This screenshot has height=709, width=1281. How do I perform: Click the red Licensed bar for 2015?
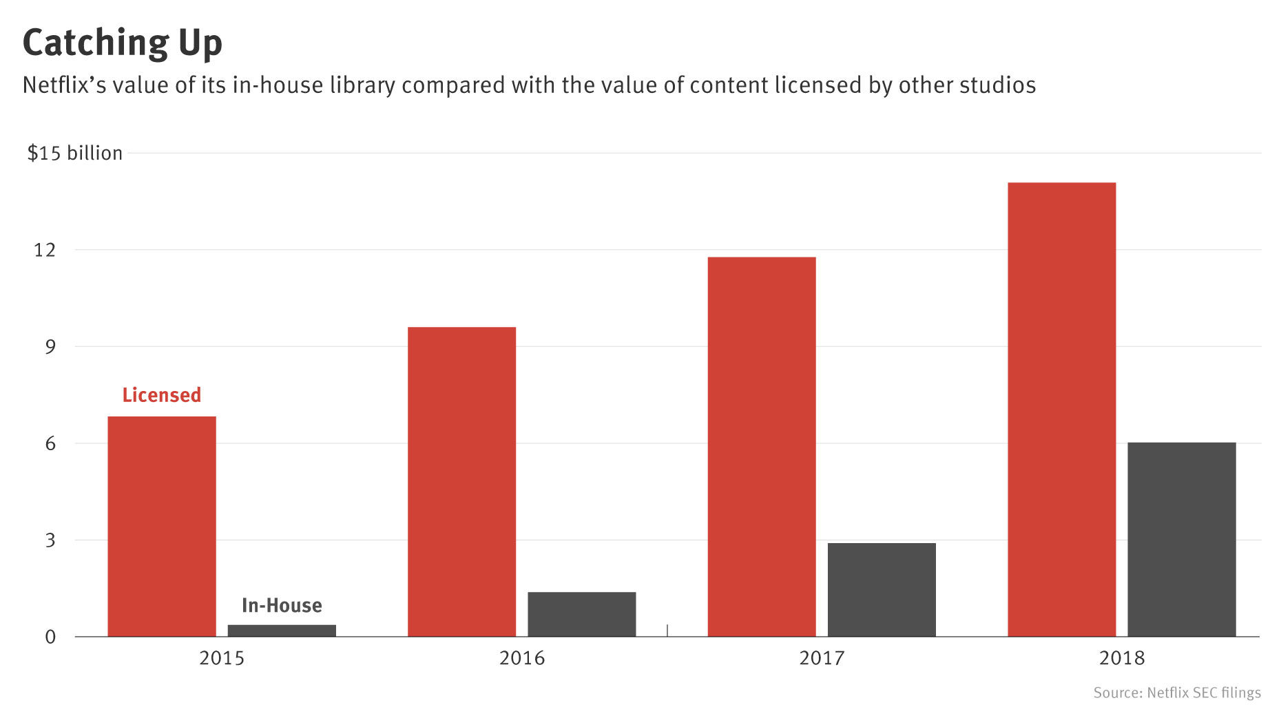pyautogui.click(x=162, y=527)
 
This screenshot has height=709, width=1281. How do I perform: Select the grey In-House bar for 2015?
pyautogui.click(x=282, y=631)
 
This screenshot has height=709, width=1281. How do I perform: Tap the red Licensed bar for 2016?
pyautogui.click(x=461, y=482)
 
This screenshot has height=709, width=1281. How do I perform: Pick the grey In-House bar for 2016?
pyautogui.click(x=581, y=614)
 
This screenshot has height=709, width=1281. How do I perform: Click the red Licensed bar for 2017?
pyautogui.click(x=762, y=447)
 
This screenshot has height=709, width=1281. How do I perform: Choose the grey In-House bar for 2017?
pyautogui.click(x=882, y=590)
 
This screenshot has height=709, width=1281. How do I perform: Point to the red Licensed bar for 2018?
pyautogui.click(x=1061, y=410)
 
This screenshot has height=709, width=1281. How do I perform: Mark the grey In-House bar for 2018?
pyautogui.click(x=1182, y=540)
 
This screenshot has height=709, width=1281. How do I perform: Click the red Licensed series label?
pyautogui.click(x=162, y=395)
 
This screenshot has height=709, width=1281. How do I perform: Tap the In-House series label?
pyautogui.click(x=282, y=606)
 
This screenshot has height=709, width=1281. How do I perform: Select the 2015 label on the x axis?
pyautogui.click(x=222, y=659)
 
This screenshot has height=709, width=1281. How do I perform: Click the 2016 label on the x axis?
pyautogui.click(x=522, y=659)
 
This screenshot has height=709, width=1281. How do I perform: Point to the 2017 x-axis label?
pyautogui.click(x=822, y=659)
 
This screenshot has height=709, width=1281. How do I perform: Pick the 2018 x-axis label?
pyautogui.click(x=1122, y=659)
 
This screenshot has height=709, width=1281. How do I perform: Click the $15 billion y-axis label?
pyautogui.click(x=74, y=153)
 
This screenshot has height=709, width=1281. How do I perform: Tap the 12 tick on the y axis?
pyautogui.click(x=45, y=250)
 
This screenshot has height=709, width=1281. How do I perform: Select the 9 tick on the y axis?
pyautogui.click(x=50, y=347)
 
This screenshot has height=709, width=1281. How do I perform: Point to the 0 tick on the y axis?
pyautogui.click(x=50, y=637)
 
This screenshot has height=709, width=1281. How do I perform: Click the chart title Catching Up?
pyautogui.click(x=123, y=43)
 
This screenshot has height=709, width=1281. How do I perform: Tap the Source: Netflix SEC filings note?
pyautogui.click(x=1177, y=692)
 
